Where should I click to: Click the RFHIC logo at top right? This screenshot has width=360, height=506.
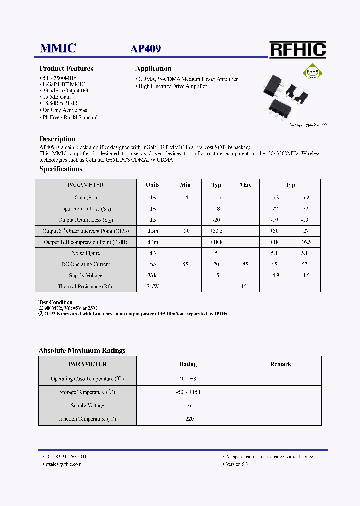point(298,50)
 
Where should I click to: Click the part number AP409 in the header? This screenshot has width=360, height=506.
point(145,49)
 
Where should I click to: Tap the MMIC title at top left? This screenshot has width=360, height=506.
point(58,48)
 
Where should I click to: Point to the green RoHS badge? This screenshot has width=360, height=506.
point(313,72)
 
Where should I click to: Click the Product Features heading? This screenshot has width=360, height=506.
point(66,69)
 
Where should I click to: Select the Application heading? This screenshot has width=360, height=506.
point(153,69)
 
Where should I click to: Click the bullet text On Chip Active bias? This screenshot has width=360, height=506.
point(65,110)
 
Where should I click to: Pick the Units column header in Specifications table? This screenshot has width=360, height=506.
point(152,185)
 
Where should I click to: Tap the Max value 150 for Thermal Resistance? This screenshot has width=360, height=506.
point(245,287)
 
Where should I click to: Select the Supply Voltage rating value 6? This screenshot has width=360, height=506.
point(190,405)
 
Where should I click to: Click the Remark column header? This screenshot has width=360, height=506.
point(280,364)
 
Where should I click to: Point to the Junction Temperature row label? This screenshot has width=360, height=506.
point(88,419)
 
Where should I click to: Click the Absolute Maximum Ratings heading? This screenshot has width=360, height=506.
point(82,350)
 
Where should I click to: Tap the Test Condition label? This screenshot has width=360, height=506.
point(55,302)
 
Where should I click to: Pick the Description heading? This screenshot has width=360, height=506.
point(57,139)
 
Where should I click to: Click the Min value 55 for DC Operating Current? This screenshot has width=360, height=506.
point(185,264)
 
